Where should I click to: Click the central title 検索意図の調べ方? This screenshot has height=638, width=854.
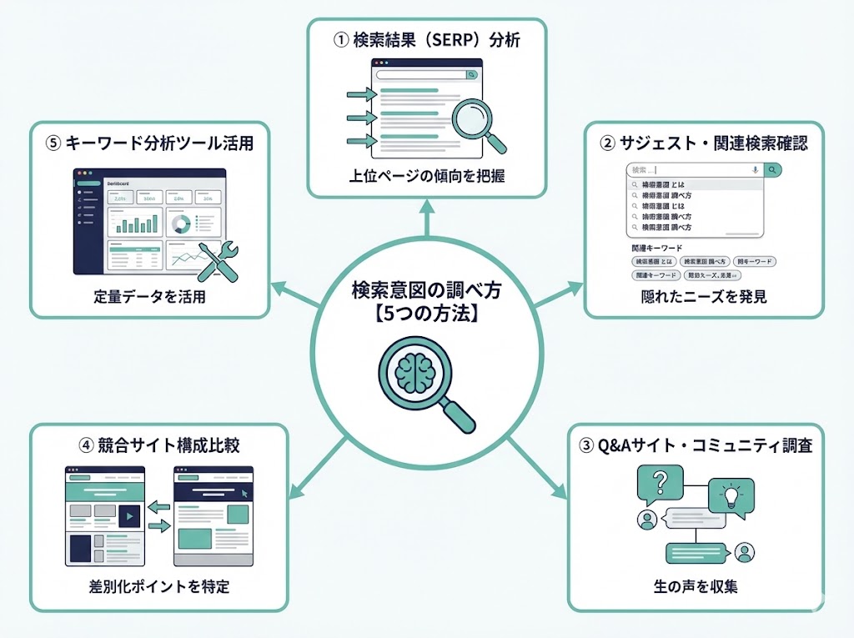pyautogui.click(x=426, y=291)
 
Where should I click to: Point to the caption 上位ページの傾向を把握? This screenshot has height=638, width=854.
pyautogui.click(x=427, y=176)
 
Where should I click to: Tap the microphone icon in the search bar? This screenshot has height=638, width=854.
pyautogui.click(x=754, y=169)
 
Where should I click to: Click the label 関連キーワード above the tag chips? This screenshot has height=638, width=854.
pyautogui.click(x=656, y=248)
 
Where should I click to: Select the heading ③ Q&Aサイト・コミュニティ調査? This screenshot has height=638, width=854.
pyautogui.click(x=696, y=445)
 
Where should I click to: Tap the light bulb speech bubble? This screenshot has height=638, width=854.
pyautogui.click(x=731, y=495)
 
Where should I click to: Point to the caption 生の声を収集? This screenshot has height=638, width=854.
pyautogui.click(x=696, y=587)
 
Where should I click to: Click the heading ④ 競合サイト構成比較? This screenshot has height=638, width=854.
pyautogui.click(x=158, y=445)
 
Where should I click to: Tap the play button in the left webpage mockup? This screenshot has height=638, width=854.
pyautogui.click(x=128, y=516)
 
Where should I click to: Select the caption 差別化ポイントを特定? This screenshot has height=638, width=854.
pyautogui.click(x=158, y=587)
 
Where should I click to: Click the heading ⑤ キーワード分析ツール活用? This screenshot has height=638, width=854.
pyautogui.click(x=150, y=143)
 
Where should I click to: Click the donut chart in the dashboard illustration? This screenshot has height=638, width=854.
pyautogui.click(x=179, y=223)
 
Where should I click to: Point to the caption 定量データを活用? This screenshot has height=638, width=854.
pyautogui.click(x=150, y=297)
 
